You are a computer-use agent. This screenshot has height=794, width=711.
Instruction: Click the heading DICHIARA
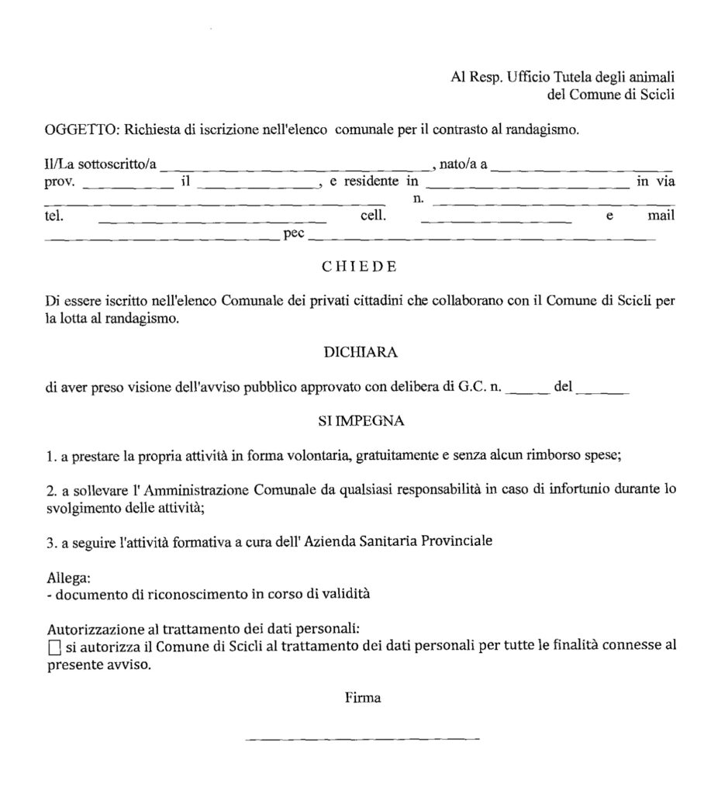click(360, 352)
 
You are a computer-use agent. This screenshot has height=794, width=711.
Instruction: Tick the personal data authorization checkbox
click(53, 647)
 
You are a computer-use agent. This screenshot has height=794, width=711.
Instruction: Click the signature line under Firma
click(362, 737)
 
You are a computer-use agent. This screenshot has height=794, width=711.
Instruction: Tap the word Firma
click(363, 698)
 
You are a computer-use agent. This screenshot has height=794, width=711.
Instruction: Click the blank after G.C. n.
click(526, 392)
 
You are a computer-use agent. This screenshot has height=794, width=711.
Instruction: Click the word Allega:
click(69, 578)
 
